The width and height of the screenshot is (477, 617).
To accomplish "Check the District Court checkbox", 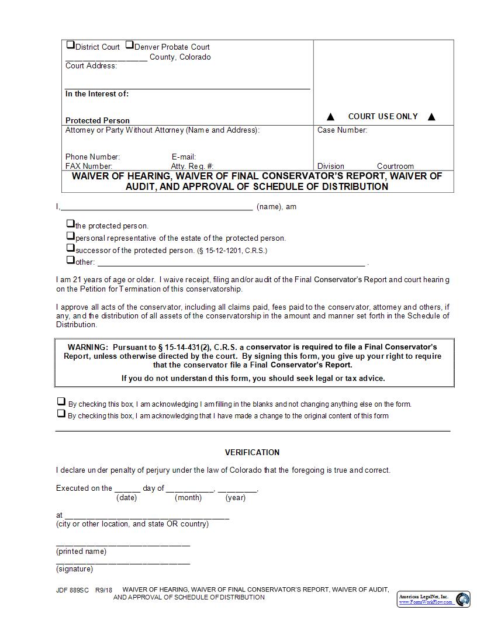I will [x=70, y=45].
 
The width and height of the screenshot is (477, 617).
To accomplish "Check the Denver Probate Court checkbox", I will [x=129, y=45].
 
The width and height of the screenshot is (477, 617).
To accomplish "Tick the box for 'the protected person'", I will [x=70, y=224].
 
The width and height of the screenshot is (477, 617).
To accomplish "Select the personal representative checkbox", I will [x=70, y=236].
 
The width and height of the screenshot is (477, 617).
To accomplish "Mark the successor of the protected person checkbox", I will [x=70, y=248].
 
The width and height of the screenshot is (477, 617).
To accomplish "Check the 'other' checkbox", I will [x=70, y=261].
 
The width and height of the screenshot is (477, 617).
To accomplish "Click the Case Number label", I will [x=342, y=130].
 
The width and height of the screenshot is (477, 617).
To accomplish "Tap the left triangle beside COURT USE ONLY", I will [x=330, y=117].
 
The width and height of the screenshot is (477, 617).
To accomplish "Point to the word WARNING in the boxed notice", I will [x=87, y=347].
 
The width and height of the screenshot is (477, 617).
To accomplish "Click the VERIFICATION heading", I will [x=252, y=452].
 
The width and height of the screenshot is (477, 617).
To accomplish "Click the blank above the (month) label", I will [x=190, y=489].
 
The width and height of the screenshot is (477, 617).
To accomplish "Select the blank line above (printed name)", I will [x=123, y=543].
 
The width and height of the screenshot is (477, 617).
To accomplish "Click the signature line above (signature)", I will [x=123, y=562].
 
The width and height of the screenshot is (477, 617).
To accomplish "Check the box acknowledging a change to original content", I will [x=61, y=414].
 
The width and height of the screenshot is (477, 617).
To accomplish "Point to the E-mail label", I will [x=184, y=157].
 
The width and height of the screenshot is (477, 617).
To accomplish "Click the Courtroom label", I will [x=395, y=166].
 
